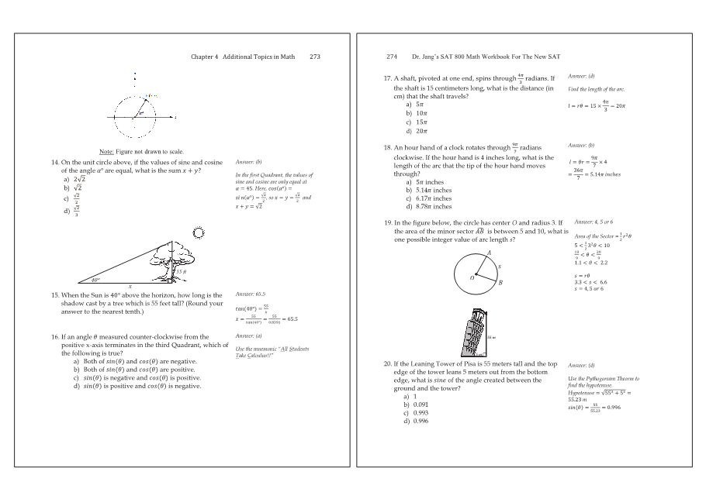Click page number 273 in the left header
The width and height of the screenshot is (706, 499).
pyautogui.click(x=314, y=57)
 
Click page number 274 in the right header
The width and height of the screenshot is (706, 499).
pyautogui.click(x=392, y=57)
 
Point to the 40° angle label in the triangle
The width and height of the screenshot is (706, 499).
pyautogui.click(x=95, y=280)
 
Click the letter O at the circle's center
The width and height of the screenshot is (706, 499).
pyautogui.click(x=471, y=277)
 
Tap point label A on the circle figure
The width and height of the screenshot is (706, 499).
pyautogui.click(x=489, y=253)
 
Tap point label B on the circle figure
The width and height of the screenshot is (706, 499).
pyautogui.click(x=501, y=284)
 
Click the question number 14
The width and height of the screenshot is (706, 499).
pyautogui.click(x=54, y=162)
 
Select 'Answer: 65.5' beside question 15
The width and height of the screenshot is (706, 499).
pyautogui.click(x=250, y=295)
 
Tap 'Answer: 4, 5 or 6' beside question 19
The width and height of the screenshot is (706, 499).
pyautogui.click(x=594, y=222)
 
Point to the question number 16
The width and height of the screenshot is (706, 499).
pyautogui.click(x=54, y=337)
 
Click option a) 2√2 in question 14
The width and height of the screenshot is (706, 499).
pyautogui.click(x=78, y=180)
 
